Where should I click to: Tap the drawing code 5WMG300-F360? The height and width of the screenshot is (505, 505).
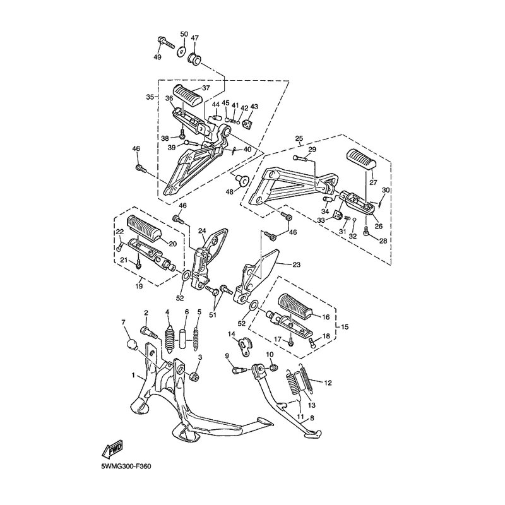click(x=126, y=466)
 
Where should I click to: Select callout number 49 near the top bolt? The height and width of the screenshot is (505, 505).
click(x=157, y=57)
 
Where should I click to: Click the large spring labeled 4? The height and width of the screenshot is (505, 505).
click(x=169, y=338)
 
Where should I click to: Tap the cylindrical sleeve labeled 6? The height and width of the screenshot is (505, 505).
click(x=182, y=338)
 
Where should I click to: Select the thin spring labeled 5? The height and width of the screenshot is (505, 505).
click(x=195, y=339)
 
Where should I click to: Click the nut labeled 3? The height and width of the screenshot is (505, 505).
click(x=194, y=376)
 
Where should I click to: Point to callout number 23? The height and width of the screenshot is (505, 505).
click(x=296, y=264)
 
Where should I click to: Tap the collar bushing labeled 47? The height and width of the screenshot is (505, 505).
click(x=194, y=59)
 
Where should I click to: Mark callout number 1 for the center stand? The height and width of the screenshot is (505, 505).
click(x=133, y=375)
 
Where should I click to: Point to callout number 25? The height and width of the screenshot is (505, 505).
click(x=299, y=139)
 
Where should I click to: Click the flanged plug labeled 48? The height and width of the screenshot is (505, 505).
click(x=242, y=181)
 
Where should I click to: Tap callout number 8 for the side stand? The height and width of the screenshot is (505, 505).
click(x=311, y=418)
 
